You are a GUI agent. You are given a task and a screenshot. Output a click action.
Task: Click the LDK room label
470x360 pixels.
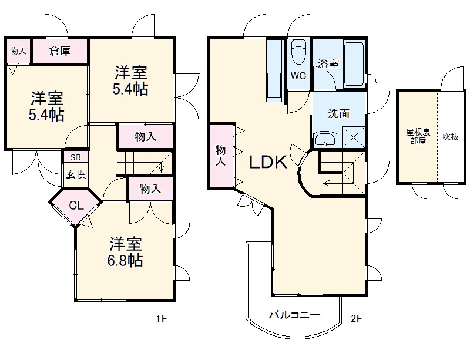[x=268, y=162]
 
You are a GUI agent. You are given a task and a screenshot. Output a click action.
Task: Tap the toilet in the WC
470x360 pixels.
[x=298, y=51]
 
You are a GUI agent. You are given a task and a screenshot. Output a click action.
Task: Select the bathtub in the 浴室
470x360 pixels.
[x=354, y=64]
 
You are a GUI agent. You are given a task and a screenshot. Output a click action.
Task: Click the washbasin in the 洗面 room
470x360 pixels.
[x=325, y=139]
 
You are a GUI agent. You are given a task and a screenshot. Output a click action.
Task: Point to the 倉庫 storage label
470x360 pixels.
[x=60, y=51]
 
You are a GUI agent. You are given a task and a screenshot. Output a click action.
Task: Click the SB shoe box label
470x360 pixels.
[x=76, y=157]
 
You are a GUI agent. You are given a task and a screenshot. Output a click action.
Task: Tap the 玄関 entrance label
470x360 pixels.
[x=76, y=174]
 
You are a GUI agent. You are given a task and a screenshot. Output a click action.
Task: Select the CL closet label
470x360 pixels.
[x=76, y=206]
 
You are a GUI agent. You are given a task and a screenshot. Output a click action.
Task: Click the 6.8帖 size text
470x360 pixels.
[x=125, y=261]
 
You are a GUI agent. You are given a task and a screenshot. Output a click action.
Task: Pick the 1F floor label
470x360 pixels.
[x=161, y=318]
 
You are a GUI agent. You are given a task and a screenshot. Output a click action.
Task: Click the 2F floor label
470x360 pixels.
[x=357, y=318]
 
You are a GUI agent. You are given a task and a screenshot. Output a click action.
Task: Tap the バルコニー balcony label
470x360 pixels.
[x=294, y=315]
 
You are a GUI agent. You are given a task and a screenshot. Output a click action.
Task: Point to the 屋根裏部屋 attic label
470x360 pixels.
[x=418, y=136]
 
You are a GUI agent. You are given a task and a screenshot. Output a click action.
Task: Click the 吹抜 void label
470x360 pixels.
[x=451, y=137]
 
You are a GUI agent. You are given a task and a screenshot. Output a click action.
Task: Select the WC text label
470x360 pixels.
[x=298, y=76]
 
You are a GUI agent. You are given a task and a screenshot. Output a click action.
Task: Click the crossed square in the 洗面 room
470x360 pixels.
[x=354, y=137]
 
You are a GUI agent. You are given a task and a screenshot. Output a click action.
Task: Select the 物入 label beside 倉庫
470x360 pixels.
[x=18, y=51]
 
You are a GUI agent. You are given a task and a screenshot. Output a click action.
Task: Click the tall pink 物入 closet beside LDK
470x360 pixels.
[x=221, y=156]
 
